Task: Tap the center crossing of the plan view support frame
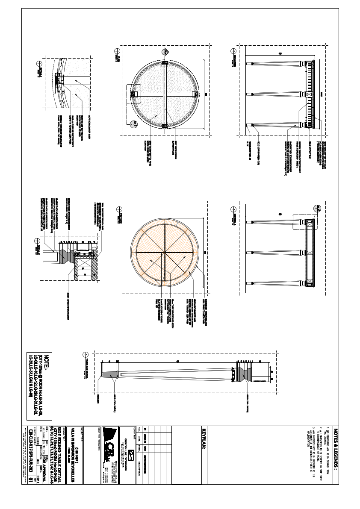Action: [x=165, y=94]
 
